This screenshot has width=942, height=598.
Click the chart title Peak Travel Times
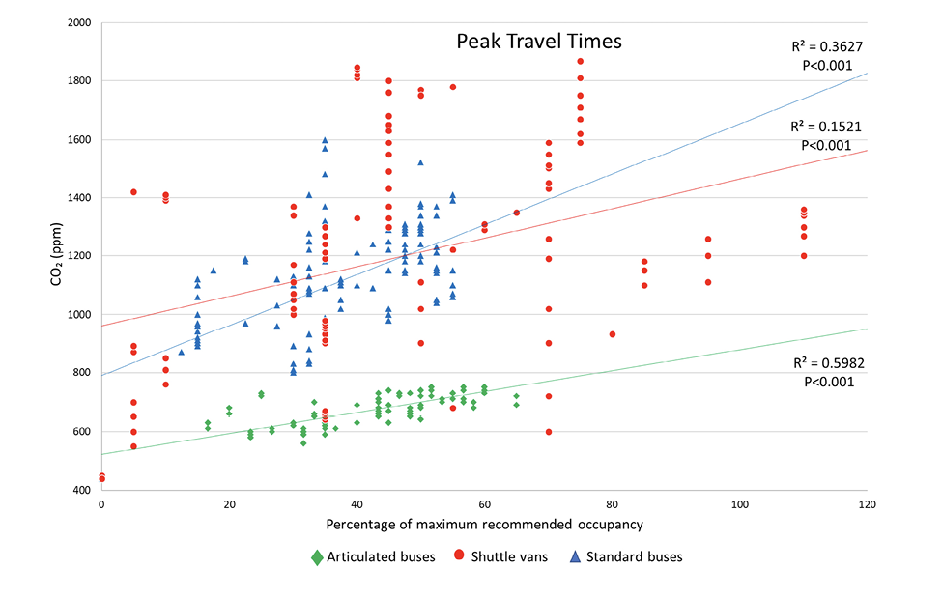pos(538,42)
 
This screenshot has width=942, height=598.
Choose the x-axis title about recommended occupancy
pos(484,524)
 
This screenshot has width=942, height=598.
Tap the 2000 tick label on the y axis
pos(76,21)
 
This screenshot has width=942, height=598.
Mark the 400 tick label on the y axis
pos(80,490)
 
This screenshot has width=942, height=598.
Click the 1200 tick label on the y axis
pos(76,256)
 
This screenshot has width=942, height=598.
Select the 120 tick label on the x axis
pos(868,504)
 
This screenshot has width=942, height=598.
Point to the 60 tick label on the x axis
pos(484,504)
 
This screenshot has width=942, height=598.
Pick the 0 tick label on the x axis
pos(101,504)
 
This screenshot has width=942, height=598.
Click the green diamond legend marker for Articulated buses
pos(317,556)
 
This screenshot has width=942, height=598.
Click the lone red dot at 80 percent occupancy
pos(613,334)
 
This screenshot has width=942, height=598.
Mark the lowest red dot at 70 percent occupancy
pos(549,432)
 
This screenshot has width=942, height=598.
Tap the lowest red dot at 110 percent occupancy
pos(804,256)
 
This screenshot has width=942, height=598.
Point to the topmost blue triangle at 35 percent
pos(325,140)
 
